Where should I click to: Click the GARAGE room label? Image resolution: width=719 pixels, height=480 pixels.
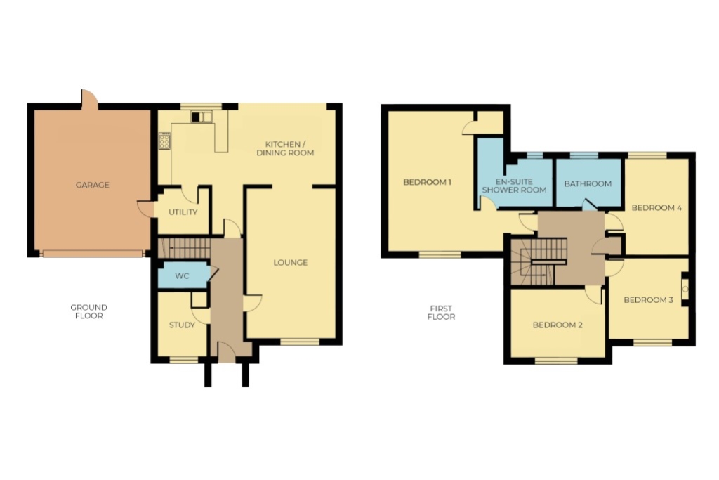[92, 185]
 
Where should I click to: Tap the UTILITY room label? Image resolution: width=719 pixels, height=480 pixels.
[183, 212]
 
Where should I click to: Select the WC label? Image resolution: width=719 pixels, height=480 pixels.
[182, 276]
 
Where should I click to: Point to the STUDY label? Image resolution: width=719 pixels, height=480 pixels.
[182, 325]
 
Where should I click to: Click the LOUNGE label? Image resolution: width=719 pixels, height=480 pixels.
[290, 262]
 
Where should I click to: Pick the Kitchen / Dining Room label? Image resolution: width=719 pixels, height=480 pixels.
[285, 148]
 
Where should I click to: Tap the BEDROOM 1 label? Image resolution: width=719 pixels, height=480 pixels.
[427, 182]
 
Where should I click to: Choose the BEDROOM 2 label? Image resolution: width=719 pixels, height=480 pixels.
[557, 325]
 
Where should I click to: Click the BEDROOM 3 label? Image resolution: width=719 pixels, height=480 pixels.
[648, 300]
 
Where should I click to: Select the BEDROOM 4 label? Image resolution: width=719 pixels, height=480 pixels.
[657, 208]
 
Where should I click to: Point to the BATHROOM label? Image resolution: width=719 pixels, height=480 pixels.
[588, 183]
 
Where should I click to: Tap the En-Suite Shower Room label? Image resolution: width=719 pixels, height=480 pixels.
[514, 186]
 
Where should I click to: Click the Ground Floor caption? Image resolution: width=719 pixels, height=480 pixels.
[89, 311]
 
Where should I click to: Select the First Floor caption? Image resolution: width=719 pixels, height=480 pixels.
[441, 313]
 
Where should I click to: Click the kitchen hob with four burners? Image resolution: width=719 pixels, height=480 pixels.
[164, 141]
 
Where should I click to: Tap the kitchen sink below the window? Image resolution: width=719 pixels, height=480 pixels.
[202, 117]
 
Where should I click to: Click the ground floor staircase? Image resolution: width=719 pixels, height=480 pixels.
[183, 248]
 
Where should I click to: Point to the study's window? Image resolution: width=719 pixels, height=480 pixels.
[184, 360]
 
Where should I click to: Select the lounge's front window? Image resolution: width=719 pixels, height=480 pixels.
[299, 342]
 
